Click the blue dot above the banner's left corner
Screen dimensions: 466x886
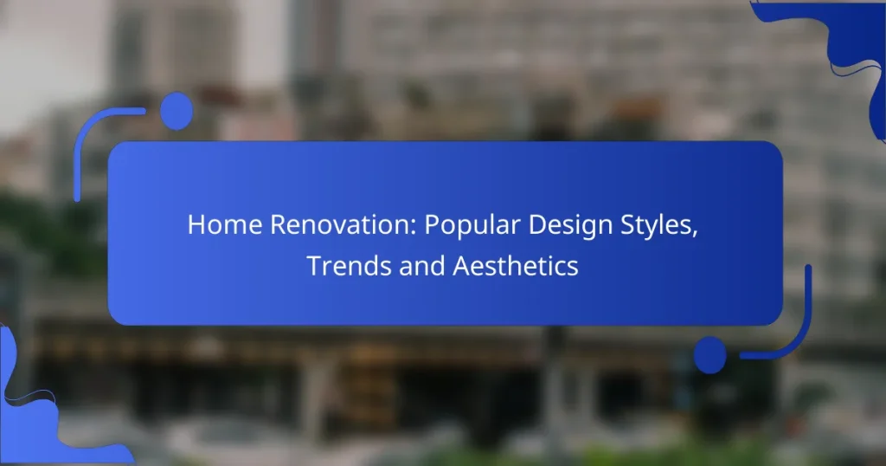tap(177, 111)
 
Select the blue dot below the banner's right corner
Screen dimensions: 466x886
tap(710, 354)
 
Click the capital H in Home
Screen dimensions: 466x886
tap(195, 225)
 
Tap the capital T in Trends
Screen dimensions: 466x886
tap(312, 266)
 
